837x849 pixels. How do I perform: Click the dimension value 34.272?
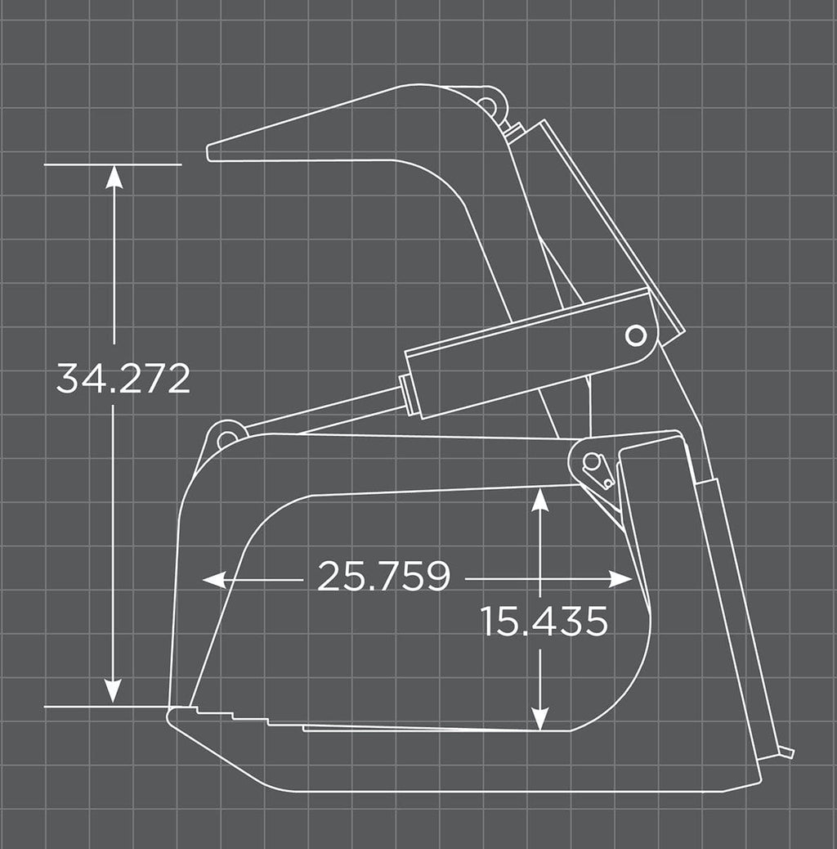pos(123,379)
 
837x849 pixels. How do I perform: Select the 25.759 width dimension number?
pos(383,577)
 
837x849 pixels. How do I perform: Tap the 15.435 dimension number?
pos(544,622)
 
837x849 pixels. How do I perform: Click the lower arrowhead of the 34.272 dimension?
pos(114,691)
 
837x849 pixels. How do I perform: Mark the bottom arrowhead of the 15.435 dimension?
pos(539,719)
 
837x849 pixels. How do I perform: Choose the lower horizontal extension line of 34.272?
pos(106,706)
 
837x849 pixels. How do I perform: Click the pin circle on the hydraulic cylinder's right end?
pos(635,335)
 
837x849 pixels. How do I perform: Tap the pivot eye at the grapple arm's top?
pos(488,106)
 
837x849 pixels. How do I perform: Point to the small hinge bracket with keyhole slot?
pos(595,469)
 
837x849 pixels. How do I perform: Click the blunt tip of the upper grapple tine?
pos(212,153)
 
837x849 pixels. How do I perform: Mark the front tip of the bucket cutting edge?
pos(171,716)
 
